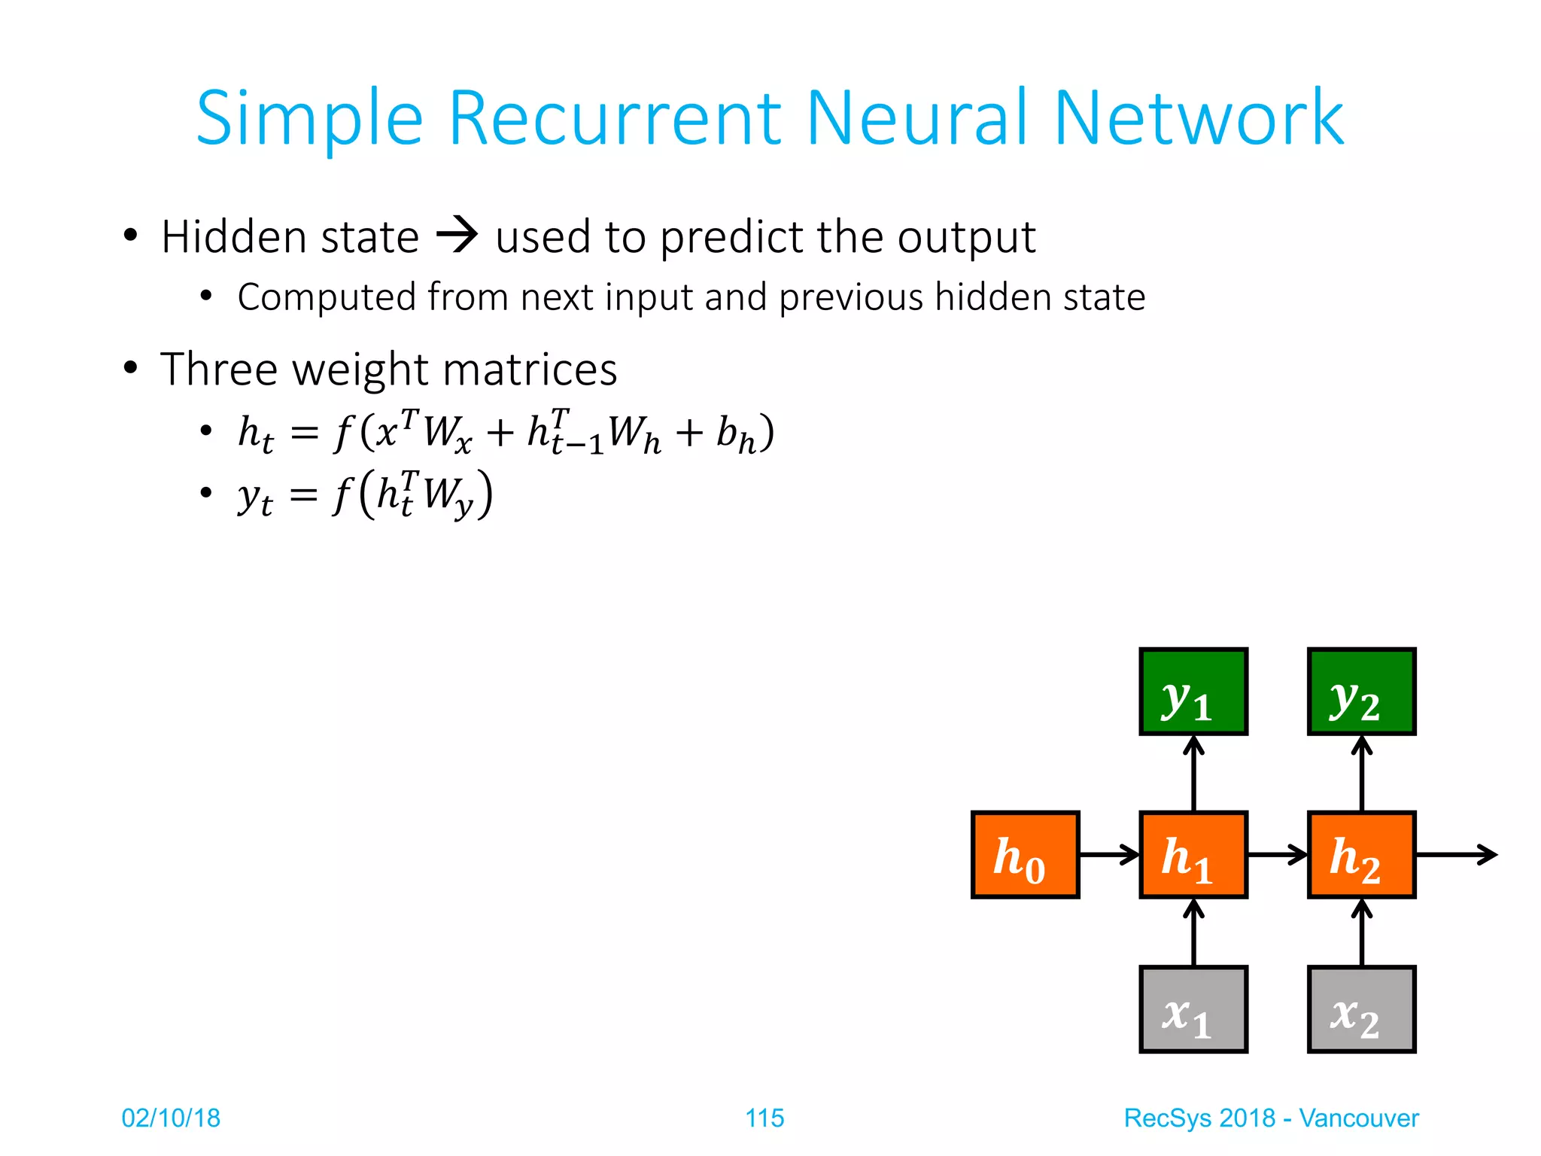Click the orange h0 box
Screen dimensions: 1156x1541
click(x=1025, y=855)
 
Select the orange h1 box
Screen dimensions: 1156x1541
click(x=1193, y=855)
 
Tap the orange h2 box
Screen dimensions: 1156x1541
click(x=1361, y=855)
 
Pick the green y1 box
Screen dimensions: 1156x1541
click(x=1193, y=691)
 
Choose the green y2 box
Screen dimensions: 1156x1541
click(x=1361, y=691)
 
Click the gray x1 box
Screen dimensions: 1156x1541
click(x=1193, y=1009)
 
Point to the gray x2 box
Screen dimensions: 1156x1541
click(x=1361, y=1009)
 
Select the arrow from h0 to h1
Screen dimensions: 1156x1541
click(x=1109, y=855)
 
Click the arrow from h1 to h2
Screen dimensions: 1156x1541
click(x=1277, y=855)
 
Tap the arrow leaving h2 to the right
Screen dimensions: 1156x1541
click(x=1456, y=855)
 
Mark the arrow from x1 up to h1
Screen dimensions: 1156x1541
click(x=1193, y=932)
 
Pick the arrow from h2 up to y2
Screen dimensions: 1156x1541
click(x=1361, y=774)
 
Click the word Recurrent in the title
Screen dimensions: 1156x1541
click(x=615, y=118)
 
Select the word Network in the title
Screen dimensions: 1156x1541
click(x=1198, y=118)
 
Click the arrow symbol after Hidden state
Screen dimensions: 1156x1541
click(x=457, y=235)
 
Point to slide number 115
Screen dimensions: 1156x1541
click(x=764, y=1118)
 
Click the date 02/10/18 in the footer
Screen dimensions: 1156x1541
click(x=171, y=1118)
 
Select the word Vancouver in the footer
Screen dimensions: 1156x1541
click(x=1358, y=1118)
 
